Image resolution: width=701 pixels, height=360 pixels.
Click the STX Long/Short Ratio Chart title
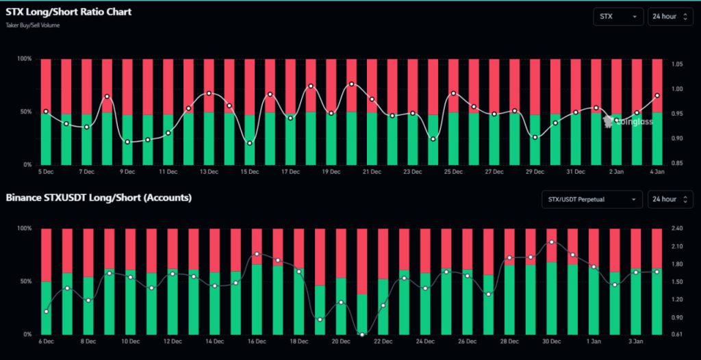pyautogui.click(x=68, y=12)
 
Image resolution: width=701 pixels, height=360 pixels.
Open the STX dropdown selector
pyautogui.click(x=618, y=16)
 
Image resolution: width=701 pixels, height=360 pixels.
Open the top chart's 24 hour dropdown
pyautogui.click(x=670, y=16)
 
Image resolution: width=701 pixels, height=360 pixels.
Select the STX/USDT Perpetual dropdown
pyautogui.click(x=591, y=199)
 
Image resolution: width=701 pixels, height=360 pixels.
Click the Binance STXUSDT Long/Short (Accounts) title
pyautogui.click(x=99, y=198)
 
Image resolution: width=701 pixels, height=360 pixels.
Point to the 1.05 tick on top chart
pyautogui.click(x=677, y=64)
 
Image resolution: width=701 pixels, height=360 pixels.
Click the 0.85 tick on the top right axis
pyautogui.click(x=677, y=163)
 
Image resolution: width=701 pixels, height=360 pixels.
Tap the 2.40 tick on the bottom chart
pyautogui.click(x=677, y=229)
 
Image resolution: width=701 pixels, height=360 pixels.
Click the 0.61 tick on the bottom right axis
pyautogui.click(x=677, y=334)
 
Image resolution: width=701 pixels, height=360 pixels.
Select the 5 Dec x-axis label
pyautogui.click(x=46, y=172)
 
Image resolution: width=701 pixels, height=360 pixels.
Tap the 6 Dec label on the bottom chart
pyautogui.click(x=47, y=341)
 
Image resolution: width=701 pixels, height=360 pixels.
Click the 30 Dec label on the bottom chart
pyautogui.click(x=552, y=341)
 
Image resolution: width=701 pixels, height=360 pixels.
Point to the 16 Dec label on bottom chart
pyautogui.click(x=257, y=341)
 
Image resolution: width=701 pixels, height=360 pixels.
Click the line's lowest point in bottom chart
pyautogui.click(x=362, y=334)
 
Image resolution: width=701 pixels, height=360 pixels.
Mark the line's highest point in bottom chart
pyautogui.click(x=552, y=242)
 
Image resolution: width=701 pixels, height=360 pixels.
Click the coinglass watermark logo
pyautogui.click(x=628, y=121)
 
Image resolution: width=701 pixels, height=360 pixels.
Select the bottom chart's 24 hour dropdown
pyautogui.click(x=670, y=199)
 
